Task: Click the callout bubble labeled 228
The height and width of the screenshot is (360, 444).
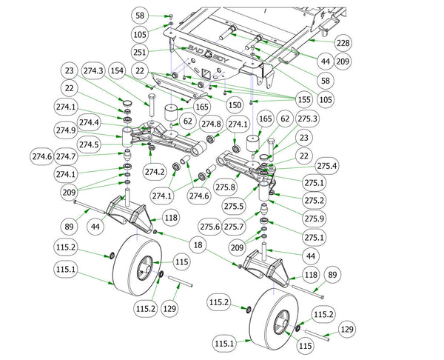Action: tap(343, 43)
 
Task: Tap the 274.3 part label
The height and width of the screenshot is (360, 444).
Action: tap(96, 70)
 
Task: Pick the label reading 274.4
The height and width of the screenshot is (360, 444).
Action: tap(89, 122)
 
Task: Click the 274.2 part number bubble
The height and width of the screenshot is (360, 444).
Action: tap(155, 172)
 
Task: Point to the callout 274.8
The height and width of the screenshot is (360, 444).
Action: tap(211, 123)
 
